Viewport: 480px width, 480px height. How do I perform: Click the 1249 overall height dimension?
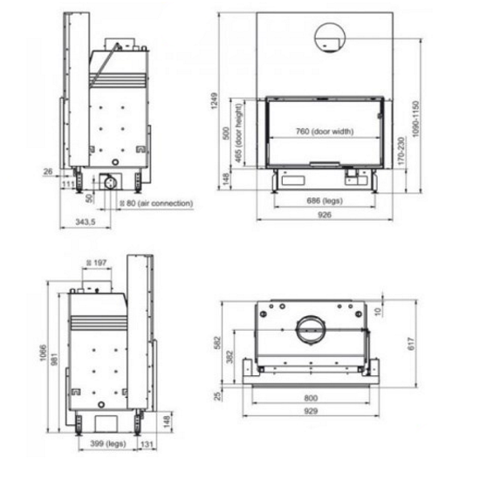(x=215, y=100)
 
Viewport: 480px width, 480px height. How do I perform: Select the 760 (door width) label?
(x=325, y=132)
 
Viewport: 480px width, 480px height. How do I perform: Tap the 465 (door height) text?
(x=238, y=134)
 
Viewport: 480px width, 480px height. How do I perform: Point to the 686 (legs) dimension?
(x=325, y=201)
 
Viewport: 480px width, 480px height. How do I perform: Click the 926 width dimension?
(x=325, y=215)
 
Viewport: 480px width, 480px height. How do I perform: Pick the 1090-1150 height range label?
(x=415, y=119)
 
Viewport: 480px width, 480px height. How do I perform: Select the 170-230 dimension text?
(x=401, y=151)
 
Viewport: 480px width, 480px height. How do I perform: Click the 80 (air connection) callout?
(x=156, y=203)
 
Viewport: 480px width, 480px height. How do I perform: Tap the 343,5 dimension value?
(x=86, y=222)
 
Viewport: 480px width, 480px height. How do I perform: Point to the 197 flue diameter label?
(x=96, y=263)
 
